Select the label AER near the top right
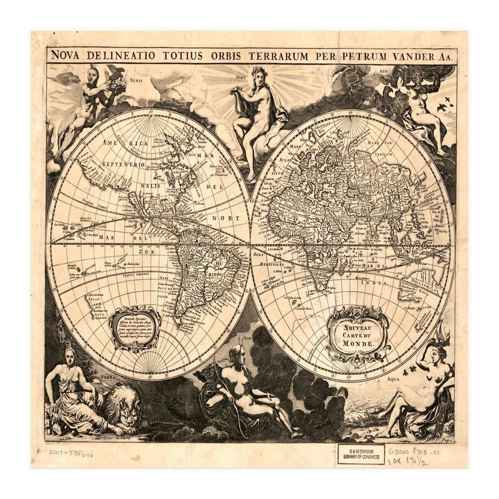click(383, 71)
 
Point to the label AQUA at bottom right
click(393, 379)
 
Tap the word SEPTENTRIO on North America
click(124, 166)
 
